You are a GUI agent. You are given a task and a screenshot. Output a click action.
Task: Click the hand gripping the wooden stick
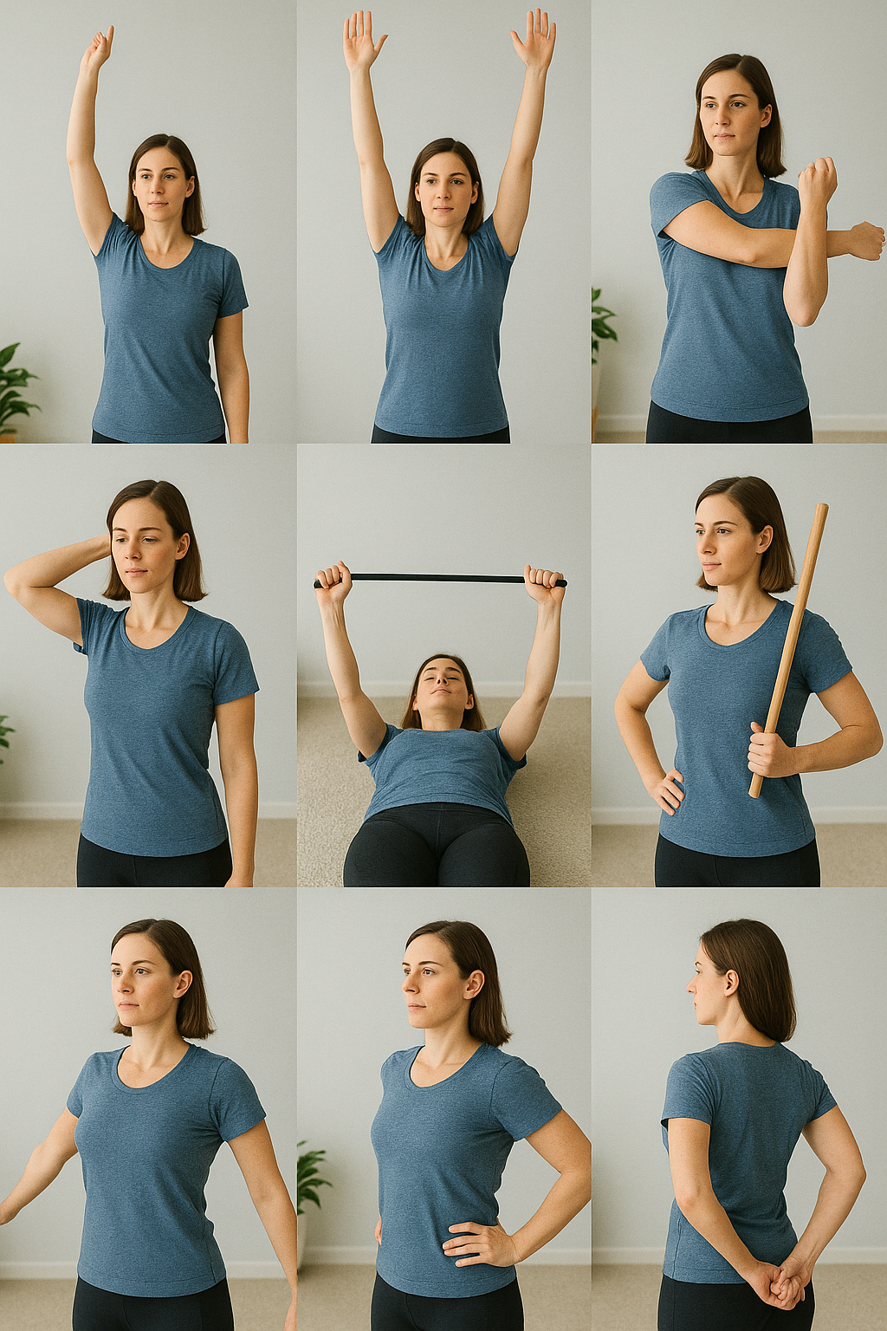pos(768,750)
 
